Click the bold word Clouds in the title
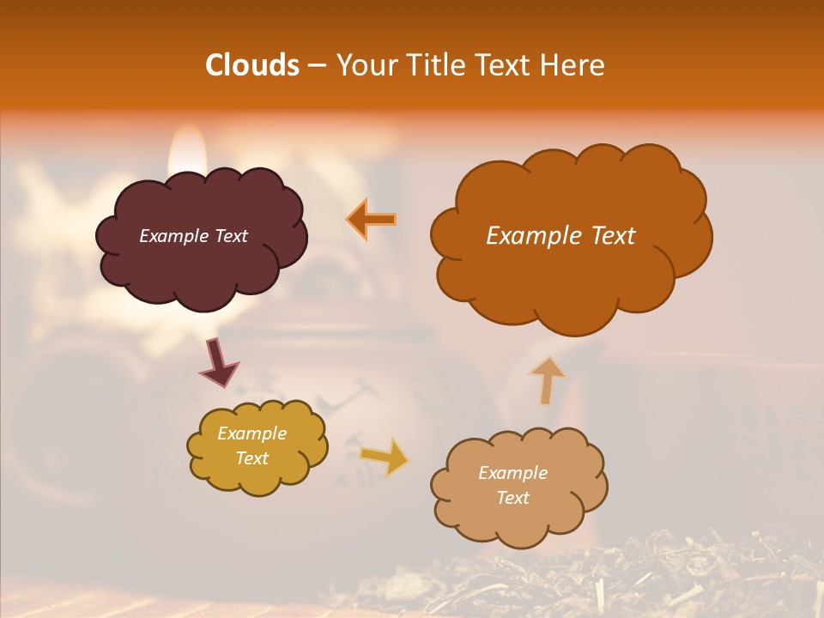point(252,64)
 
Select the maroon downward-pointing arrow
point(219,364)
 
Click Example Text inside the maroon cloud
point(193,236)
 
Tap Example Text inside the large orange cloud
point(560,236)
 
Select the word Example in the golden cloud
point(251,433)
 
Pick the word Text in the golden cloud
point(251,458)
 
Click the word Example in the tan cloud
point(512,473)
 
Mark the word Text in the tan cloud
point(512,498)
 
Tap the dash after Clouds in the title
point(316,66)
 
